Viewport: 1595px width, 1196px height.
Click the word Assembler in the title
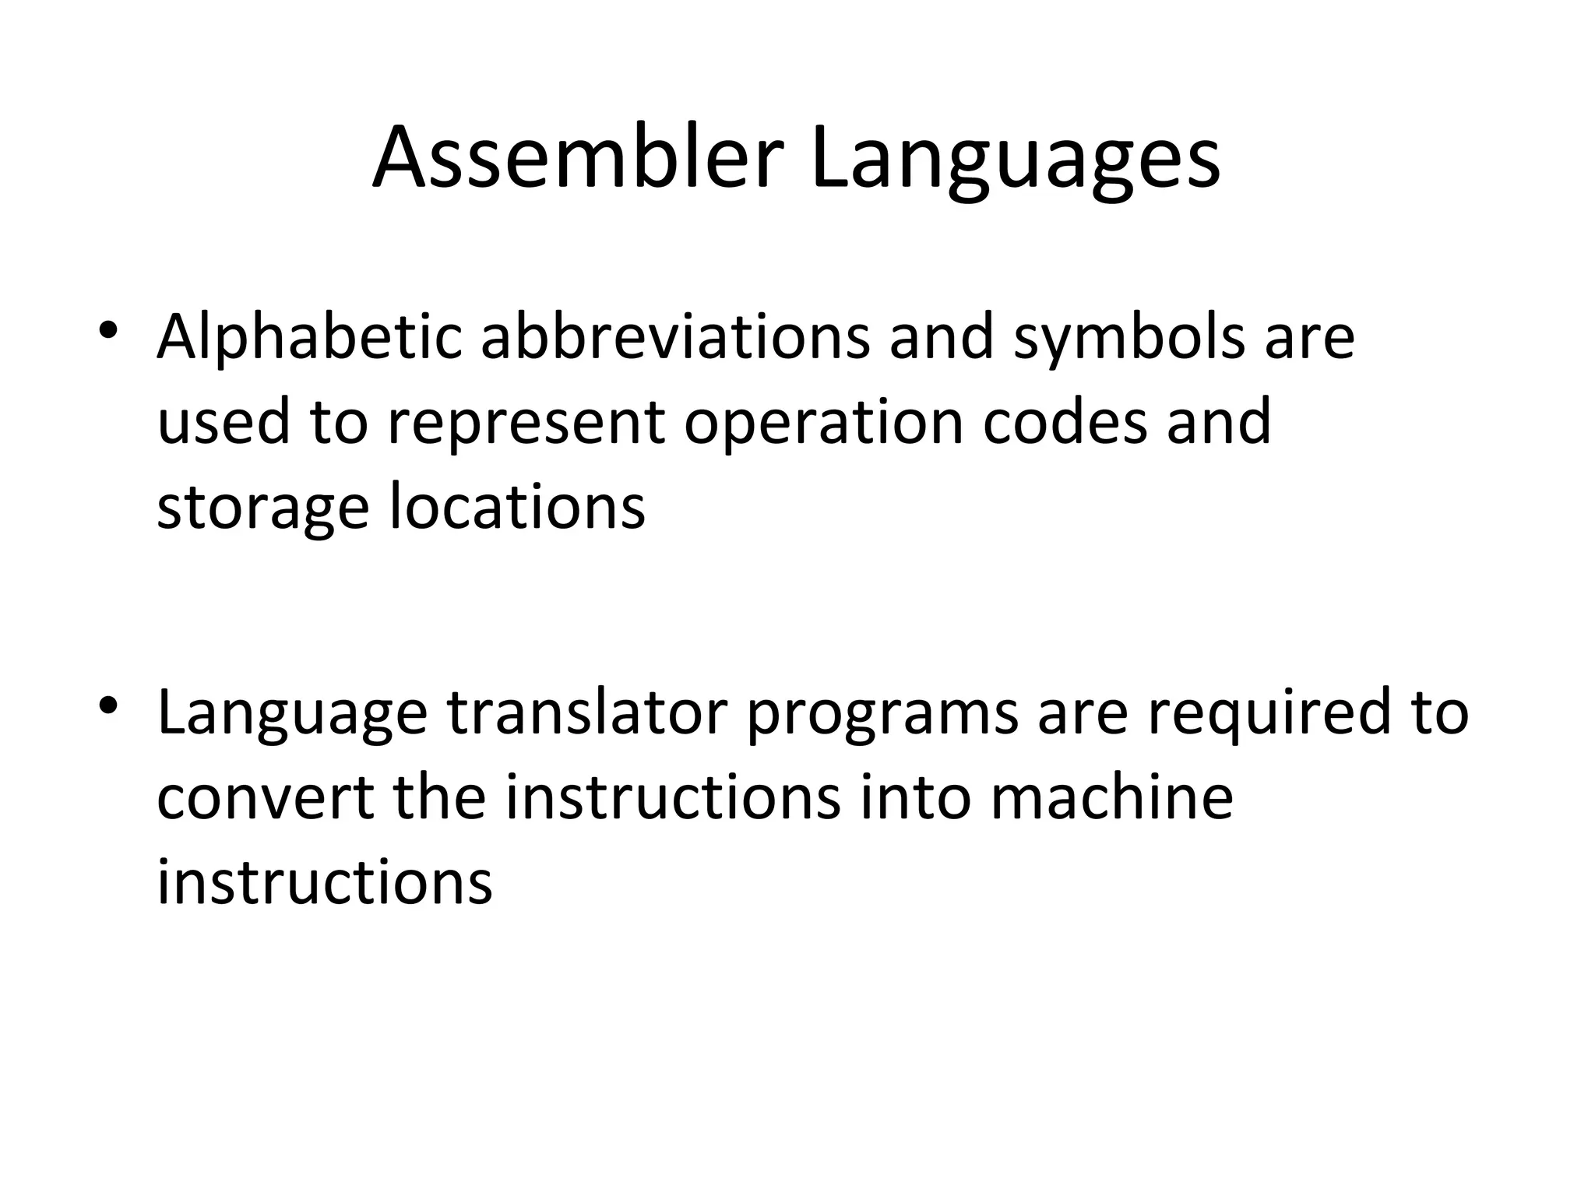pos(577,160)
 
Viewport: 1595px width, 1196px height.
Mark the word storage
pos(262,508)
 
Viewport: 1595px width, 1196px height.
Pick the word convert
pos(266,799)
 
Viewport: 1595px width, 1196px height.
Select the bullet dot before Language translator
pos(108,705)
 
